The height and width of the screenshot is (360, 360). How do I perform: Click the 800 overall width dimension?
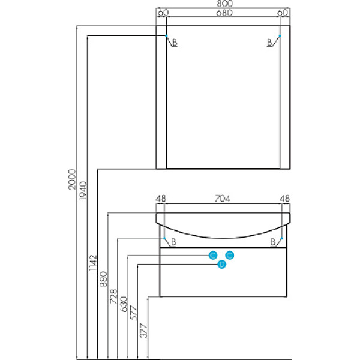223,4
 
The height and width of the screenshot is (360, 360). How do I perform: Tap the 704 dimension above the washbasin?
223,199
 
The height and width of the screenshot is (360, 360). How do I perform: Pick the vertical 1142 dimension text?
93,262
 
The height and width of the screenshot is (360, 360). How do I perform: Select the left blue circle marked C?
212,255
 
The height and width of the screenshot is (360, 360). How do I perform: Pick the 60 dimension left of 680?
163,13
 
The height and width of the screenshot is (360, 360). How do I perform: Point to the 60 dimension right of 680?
283,13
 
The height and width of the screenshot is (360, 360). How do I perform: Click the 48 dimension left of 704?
160,199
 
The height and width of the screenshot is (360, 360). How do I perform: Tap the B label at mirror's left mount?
175,43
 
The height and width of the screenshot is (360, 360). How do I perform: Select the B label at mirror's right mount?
270,43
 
